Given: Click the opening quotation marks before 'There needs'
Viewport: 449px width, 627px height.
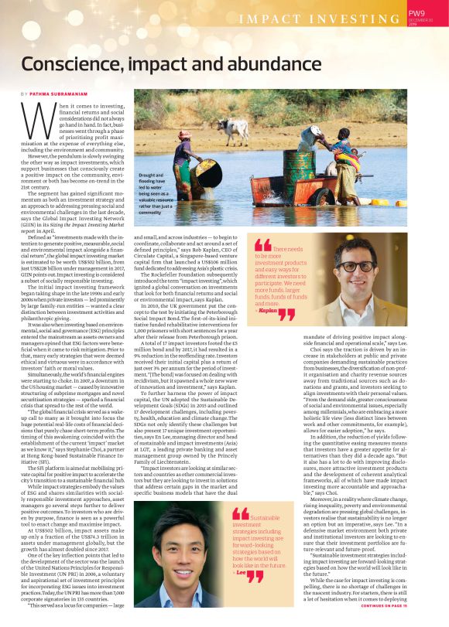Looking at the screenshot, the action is (x=263, y=247).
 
